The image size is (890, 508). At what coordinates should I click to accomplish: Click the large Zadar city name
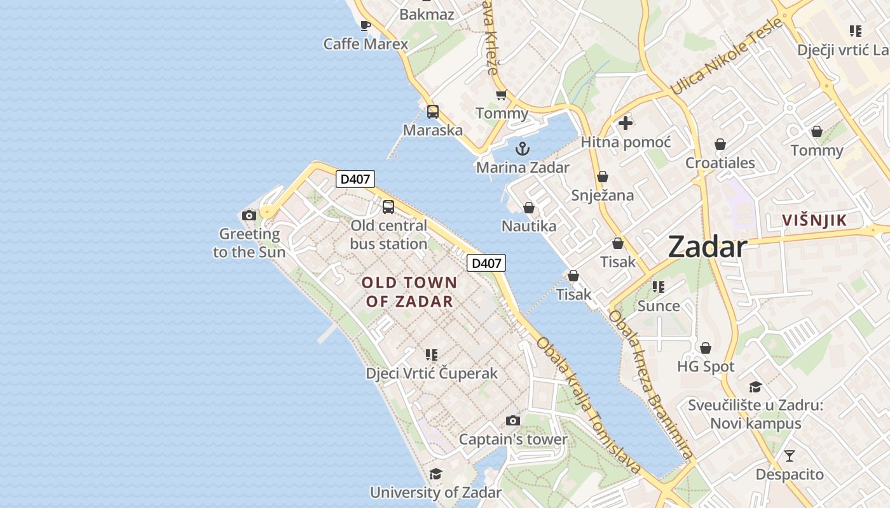pos(707,247)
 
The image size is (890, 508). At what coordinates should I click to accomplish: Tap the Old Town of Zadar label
pos(409,292)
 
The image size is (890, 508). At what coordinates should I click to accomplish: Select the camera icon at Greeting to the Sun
pos(249,215)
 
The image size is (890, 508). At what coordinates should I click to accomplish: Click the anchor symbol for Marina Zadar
pos(522,149)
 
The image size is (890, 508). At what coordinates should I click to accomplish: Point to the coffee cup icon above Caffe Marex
pos(366,25)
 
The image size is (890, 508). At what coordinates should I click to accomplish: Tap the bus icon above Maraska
pos(433,112)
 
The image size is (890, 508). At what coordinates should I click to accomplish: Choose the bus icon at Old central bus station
pos(388,207)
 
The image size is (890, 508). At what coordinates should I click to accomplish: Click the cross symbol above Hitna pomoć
pos(626,123)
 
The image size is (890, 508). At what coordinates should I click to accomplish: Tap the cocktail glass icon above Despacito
pos(790,455)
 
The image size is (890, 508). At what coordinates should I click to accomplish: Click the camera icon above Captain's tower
pos(513,420)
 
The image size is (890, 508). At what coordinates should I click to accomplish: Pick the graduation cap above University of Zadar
pos(435,474)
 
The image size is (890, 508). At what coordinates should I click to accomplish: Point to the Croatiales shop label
pos(720,163)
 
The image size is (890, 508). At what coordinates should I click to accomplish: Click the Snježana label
pos(602,195)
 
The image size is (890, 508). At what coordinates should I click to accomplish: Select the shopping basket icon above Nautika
pos(528,208)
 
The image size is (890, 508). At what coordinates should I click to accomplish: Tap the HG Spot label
pos(706,366)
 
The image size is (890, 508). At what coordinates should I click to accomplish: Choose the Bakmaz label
pos(427,14)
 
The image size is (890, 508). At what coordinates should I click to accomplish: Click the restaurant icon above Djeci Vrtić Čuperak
pos(432,354)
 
